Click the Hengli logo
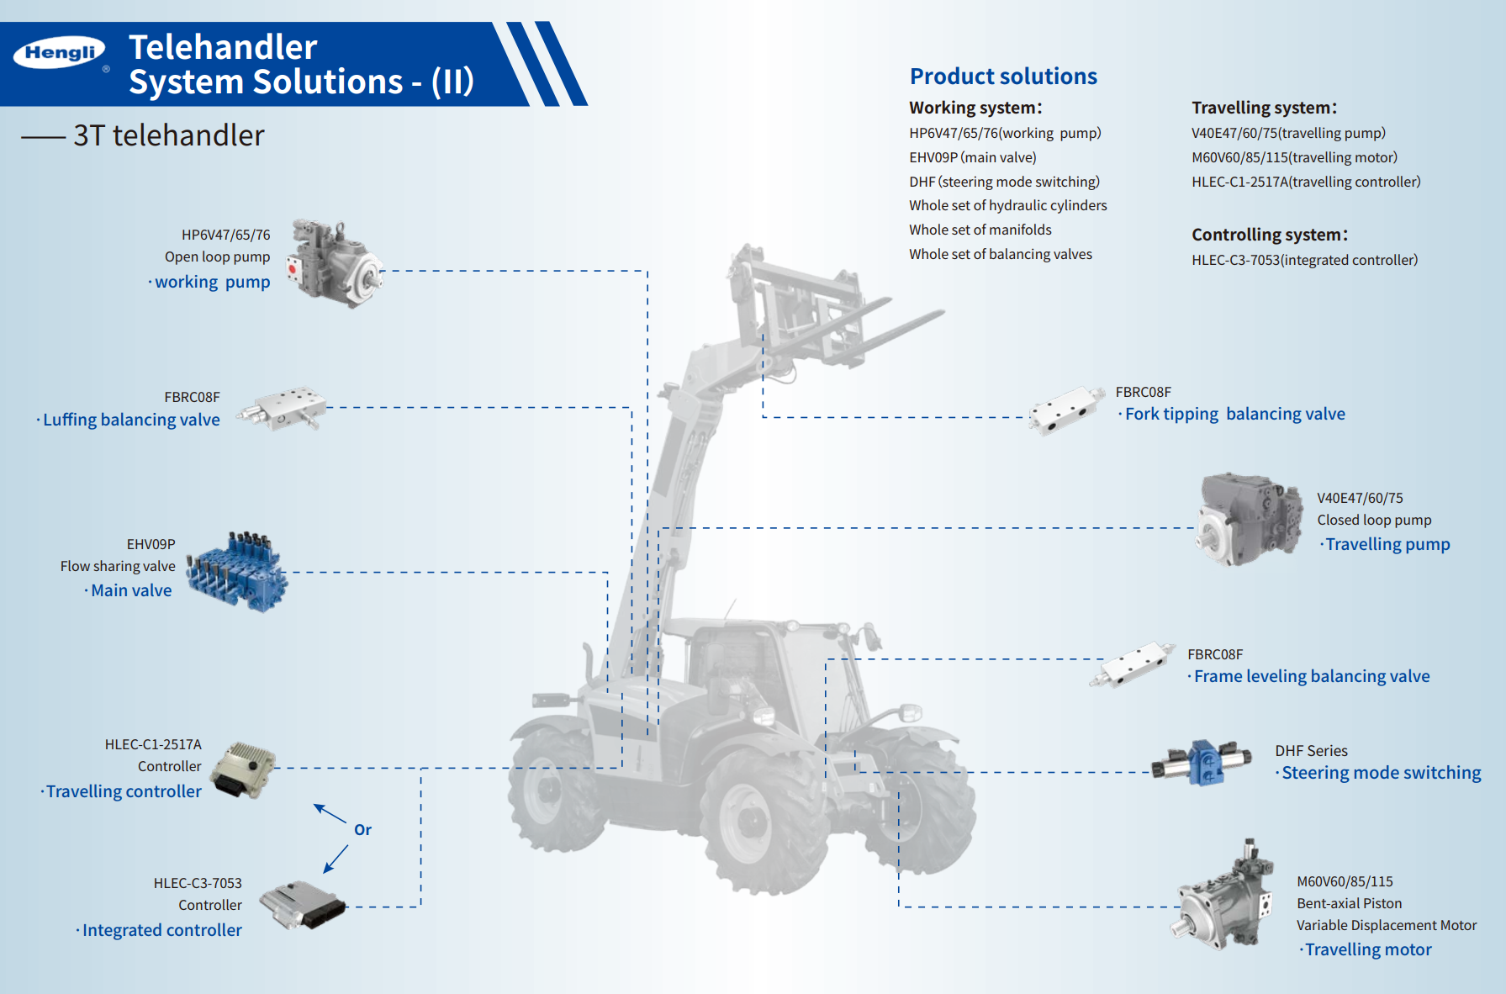coord(60,53)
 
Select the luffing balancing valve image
coord(282,409)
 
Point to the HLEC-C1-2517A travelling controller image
coord(243,769)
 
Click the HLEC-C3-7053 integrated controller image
coord(302,904)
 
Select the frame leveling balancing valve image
coord(1133,665)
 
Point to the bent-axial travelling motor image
coord(1224,898)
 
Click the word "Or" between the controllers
coord(362,830)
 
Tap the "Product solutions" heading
coord(1003,77)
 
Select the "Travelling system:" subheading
coord(1263,108)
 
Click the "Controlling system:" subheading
coord(1269,235)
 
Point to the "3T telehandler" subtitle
coord(168,135)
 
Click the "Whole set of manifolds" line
coord(980,230)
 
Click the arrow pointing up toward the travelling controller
coord(330,813)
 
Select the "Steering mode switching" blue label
coord(1381,773)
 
